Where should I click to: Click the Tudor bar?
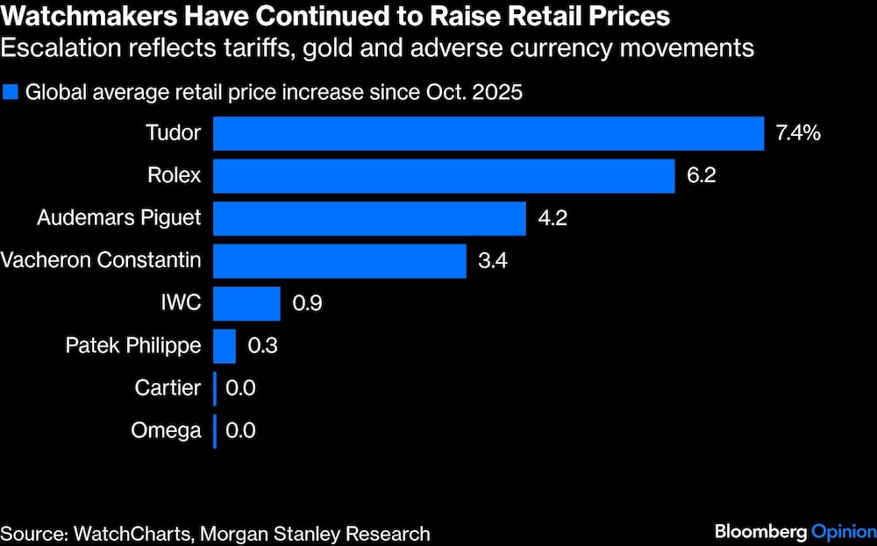(488, 134)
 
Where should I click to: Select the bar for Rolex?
(444, 176)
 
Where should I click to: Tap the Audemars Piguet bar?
(369, 218)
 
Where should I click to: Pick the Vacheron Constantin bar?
(339, 261)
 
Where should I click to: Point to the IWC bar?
(246, 303)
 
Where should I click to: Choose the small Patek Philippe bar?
(225, 345)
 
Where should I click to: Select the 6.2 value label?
(702, 176)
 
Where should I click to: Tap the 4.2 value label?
(553, 218)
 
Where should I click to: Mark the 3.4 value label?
(493, 261)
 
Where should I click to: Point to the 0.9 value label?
(307, 303)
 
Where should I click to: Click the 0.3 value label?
(263, 345)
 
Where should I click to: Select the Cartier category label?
(168, 387)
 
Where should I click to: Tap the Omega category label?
(166, 430)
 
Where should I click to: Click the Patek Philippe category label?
(133, 345)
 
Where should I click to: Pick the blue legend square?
(11, 91)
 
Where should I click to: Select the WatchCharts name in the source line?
(123, 533)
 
